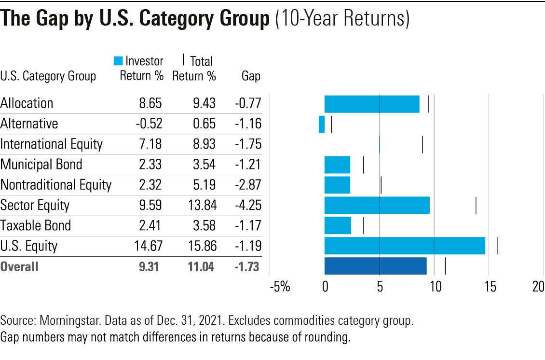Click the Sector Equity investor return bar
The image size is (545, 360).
377,205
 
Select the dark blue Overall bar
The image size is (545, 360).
375,266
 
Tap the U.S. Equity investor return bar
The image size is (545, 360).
405,246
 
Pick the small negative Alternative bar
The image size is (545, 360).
322,124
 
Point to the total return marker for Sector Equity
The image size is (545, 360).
476,205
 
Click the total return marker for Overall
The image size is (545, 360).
445,266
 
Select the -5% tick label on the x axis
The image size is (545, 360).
280,287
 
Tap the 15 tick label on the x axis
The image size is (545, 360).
489,287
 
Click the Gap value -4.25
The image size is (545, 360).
248,205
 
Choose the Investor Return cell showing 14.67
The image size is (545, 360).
148,246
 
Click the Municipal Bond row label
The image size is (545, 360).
41,165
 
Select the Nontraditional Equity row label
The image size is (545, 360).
56,185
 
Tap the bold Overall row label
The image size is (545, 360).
19,266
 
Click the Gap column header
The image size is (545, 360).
251,76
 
